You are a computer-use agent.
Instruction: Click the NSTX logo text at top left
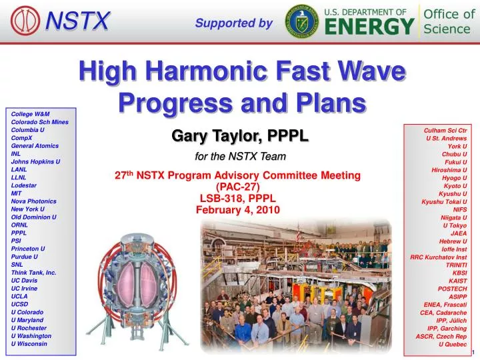coord(77,22)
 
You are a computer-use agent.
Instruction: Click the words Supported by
coord(233,24)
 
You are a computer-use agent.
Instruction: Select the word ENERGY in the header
coord(370,27)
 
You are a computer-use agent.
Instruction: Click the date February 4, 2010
coord(238,209)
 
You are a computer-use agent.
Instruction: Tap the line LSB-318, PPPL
coord(238,198)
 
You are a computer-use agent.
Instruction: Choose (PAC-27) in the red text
coord(238,187)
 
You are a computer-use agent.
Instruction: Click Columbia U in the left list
coord(27,130)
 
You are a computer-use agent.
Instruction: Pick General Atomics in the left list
coord(35,145)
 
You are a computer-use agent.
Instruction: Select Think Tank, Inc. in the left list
coord(33,273)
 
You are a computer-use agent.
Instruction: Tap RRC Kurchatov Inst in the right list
coord(438,257)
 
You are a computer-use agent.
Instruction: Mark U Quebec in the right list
coord(453,344)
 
